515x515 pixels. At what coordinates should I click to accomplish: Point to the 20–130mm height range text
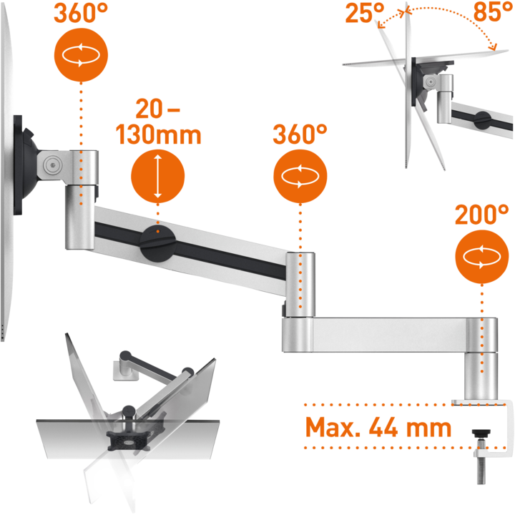[158, 122]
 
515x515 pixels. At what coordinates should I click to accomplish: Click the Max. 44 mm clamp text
[378, 428]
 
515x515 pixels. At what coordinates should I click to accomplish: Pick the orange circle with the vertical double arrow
[158, 176]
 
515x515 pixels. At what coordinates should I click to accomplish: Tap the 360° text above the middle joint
[300, 132]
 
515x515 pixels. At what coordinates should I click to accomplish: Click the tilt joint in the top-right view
[431, 79]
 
